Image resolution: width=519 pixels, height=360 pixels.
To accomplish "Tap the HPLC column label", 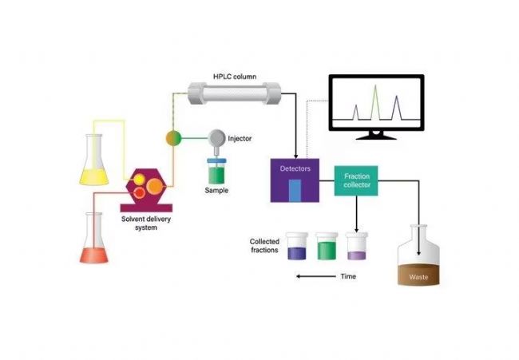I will (233, 77).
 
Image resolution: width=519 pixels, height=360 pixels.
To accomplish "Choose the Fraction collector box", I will (355, 180).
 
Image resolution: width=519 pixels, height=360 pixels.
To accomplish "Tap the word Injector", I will (240, 138).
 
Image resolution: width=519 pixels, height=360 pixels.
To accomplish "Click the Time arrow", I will (313, 277).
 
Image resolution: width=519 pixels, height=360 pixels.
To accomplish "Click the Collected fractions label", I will (264, 246).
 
